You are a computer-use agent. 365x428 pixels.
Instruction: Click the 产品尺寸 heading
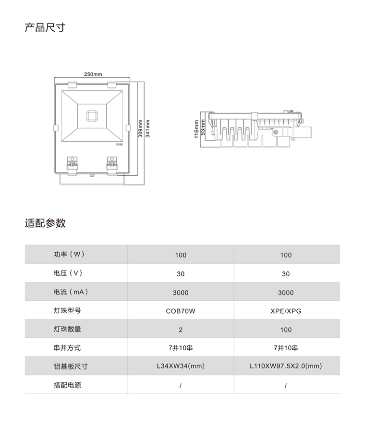point(45,27)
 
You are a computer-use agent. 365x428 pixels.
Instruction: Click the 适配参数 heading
point(45,223)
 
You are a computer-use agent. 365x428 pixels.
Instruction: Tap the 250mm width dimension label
point(93,74)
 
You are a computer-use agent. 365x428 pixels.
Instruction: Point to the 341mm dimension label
point(148,129)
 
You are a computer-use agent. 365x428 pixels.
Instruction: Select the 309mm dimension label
point(140,129)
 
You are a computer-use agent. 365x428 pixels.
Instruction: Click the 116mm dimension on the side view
point(196,129)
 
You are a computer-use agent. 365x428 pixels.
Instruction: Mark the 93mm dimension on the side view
point(203,127)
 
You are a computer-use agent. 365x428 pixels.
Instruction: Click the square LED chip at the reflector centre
point(92,116)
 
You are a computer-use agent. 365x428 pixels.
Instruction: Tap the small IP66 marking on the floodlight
point(119,145)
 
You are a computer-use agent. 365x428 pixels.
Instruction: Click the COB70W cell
point(181,311)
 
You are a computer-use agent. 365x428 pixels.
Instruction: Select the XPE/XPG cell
point(286,311)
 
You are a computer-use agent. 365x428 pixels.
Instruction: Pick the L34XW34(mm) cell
point(181,366)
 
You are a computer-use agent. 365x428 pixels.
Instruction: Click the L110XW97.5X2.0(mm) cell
point(286,366)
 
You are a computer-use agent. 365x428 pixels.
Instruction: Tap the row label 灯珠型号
point(67,311)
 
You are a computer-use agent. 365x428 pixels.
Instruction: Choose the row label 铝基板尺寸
point(71,367)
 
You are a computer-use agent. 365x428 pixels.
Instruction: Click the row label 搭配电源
point(67,385)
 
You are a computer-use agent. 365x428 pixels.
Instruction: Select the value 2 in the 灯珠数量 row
point(181,330)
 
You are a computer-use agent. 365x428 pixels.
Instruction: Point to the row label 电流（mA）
point(71,292)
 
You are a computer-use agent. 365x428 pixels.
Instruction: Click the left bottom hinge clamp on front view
point(73,166)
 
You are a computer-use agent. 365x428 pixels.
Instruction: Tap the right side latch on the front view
point(128,128)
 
